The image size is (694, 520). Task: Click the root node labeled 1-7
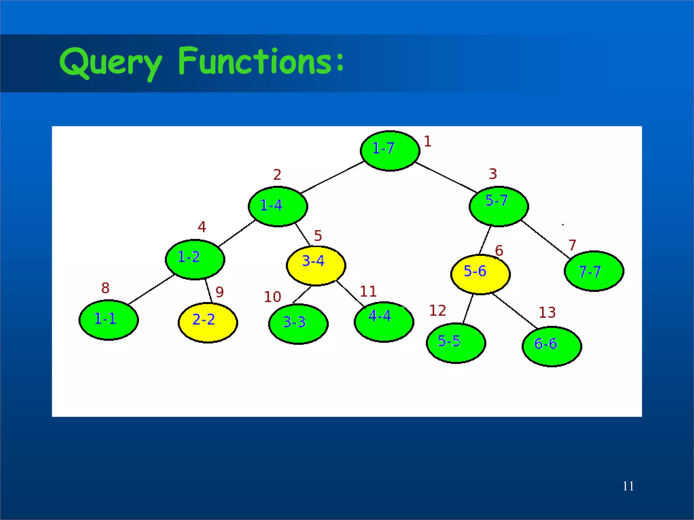[x=390, y=151]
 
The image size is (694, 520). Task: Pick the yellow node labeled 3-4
[x=316, y=266]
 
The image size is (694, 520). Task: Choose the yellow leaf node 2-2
[x=208, y=323]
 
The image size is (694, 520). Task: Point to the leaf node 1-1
[x=108, y=320]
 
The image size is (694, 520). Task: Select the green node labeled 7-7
[x=594, y=271]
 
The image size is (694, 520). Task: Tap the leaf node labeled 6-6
[x=552, y=346]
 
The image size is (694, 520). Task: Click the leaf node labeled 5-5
[x=456, y=343]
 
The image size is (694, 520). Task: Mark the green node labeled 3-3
[x=298, y=324]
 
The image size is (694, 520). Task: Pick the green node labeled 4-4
[x=384, y=322]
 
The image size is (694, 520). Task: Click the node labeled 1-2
[x=195, y=259]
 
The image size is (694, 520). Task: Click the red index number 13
[x=547, y=312]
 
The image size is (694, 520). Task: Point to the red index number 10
[x=272, y=297]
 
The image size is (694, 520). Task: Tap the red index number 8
[x=105, y=288]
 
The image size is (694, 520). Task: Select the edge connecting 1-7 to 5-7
[x=447, y=177]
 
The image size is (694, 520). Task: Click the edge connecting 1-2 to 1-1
[x=151, y=289]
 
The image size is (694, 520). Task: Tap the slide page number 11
[x=628, y=486]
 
